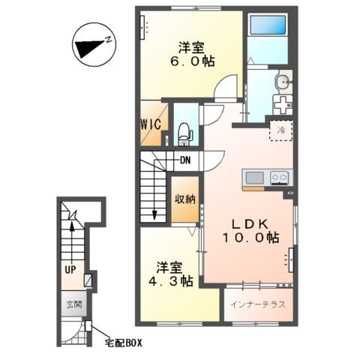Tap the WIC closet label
click(150, 124)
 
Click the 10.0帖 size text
click(250, 238)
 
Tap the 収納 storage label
click(187, 199)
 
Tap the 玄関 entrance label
click(72, 305)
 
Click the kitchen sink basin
click(255, 178)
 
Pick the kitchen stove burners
click(278, 178)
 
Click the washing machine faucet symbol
click(282, 103)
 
